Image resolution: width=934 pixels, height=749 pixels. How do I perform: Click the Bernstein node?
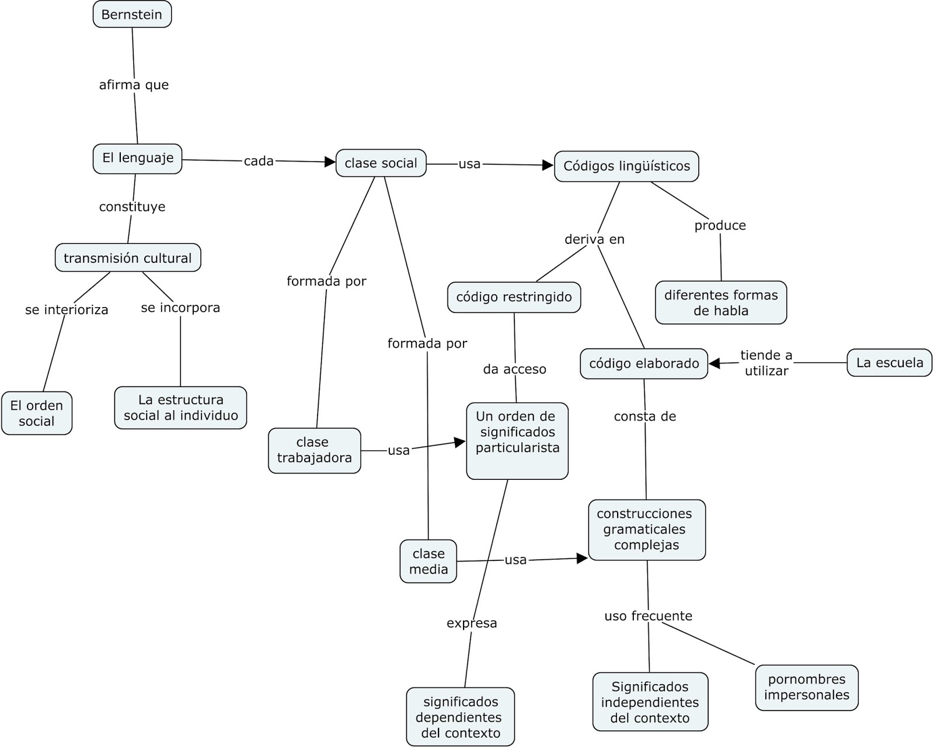tap(132, 15)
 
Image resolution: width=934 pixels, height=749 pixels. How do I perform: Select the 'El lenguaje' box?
tap(138, 158)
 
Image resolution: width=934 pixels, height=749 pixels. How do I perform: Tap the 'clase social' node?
tap(381, 163)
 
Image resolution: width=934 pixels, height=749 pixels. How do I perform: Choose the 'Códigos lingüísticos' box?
tap(626, 166)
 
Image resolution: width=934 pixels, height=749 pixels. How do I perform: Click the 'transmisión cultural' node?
tap(128, 258)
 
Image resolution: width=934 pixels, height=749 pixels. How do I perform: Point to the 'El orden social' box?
tap(36, 413)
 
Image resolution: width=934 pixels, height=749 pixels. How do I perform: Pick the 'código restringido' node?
tap(514, 297)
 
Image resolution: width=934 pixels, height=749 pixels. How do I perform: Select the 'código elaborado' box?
tap(644, 364)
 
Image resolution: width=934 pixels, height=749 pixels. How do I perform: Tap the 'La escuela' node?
tap(890, 363)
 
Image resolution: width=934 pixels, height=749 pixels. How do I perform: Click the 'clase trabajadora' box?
tap(314, 450)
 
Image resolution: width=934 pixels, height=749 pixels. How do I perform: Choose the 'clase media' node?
tap(428, 562)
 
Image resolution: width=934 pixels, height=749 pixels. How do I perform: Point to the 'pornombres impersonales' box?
tap(807, 688)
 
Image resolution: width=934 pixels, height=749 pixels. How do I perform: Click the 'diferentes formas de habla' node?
tap(721, 302)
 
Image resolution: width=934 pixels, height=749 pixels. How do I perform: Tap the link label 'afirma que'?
tap(134, 85)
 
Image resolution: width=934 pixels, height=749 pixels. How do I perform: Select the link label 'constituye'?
tap(132, 207)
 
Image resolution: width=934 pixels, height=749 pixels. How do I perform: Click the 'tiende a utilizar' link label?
tap(766, 363)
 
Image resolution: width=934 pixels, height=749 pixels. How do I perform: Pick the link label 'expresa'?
tap(472, 623)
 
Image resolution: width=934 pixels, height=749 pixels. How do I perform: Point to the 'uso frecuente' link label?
tap(649, 616)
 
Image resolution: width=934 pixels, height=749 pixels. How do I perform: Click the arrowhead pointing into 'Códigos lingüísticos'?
tap(548, 165)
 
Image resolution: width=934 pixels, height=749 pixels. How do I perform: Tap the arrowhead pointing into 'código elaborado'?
tap(715, 364)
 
